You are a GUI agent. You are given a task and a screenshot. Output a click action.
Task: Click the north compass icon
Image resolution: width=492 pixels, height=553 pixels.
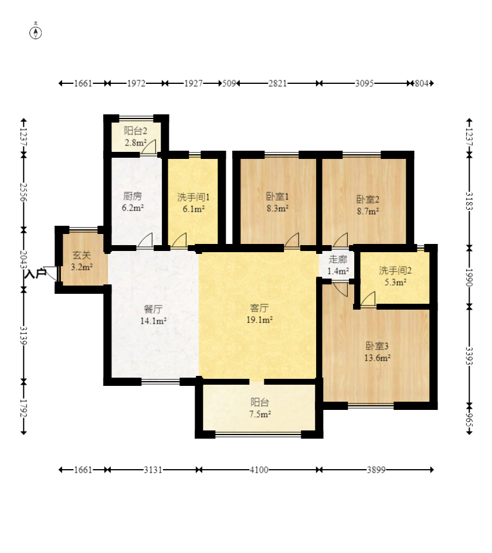35,32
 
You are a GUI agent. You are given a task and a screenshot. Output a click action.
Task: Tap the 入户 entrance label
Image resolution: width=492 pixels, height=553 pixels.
36,273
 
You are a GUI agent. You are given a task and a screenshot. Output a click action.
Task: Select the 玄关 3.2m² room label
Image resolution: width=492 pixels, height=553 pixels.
82,261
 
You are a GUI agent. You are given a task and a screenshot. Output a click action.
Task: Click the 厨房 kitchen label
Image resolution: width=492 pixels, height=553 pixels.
133,196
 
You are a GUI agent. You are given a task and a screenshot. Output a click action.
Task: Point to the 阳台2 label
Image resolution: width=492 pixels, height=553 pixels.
135,131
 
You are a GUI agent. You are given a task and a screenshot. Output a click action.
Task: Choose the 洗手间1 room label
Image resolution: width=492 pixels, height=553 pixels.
194,197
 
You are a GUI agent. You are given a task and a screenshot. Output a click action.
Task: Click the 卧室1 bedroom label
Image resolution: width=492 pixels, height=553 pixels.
277,196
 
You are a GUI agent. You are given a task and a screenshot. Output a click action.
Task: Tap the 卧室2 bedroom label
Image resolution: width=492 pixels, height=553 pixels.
368,199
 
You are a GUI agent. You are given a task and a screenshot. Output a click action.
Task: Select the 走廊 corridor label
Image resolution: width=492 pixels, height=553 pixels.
338,260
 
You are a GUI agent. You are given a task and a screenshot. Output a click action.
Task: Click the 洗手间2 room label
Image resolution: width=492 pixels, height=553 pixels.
395,270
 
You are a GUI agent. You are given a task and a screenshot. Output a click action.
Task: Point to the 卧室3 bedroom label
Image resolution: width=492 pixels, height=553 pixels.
377,345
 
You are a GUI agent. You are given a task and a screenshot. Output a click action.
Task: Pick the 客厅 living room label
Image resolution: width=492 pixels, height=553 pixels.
259,308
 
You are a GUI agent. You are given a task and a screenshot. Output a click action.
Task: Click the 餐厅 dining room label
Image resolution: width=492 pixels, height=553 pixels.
153,309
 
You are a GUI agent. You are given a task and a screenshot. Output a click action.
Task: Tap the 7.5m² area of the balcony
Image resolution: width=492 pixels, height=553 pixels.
260,414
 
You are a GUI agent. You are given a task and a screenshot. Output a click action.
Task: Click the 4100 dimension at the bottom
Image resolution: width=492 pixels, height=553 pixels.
259,470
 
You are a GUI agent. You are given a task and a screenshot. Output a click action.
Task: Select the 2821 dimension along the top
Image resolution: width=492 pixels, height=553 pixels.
277,83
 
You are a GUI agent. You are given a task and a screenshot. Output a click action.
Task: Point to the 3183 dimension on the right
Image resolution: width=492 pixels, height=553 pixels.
469,201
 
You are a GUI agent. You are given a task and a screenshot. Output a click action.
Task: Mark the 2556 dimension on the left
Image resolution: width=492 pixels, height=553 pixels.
23,192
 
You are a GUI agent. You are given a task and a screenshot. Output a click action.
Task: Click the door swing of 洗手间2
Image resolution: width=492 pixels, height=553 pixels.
368,300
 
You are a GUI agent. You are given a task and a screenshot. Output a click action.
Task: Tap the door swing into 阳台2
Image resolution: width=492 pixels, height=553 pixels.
149,147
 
